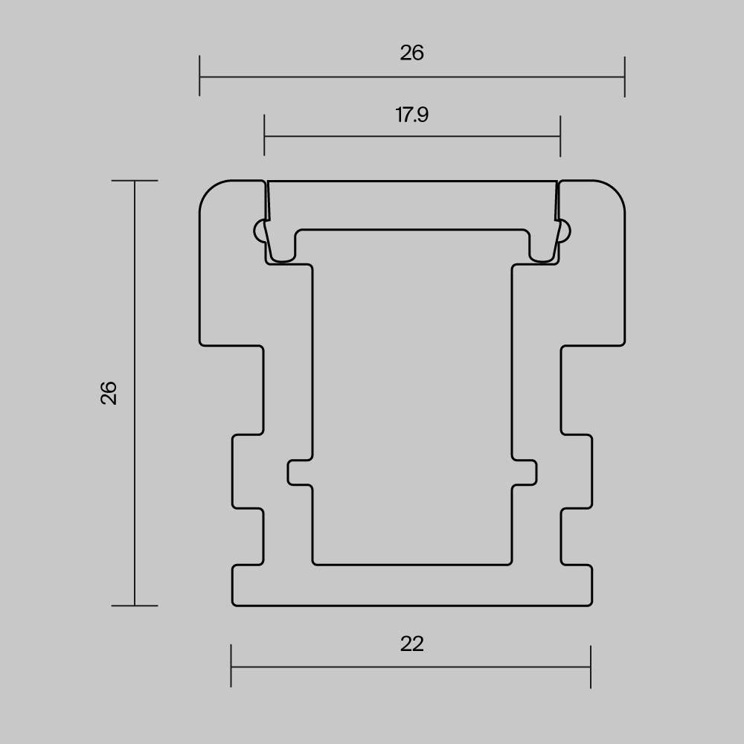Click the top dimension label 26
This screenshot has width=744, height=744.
click(x=411, y=53)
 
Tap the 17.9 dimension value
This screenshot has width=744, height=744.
click(x=412, y=115)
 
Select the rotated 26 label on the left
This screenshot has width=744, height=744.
click(x=109, y=392)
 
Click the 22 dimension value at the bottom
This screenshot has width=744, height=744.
click(x=411, y=644)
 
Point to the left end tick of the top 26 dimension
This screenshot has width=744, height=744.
click(x=199, y=76)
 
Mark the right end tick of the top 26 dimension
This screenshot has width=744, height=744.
click(x=624, y=77)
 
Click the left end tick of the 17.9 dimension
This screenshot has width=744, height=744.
click(x=264, y=135)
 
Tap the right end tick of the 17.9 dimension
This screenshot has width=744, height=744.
click(x=560, y=136)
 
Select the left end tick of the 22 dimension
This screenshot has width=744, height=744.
click(x=231, y=666)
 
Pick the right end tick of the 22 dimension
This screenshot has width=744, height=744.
click(x=591, y=667)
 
